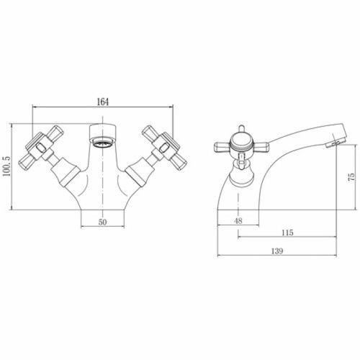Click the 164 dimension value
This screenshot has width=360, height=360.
103,102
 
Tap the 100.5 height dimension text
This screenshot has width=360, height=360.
6,166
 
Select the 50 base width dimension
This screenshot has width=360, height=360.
102,222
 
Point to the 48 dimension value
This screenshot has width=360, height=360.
238,221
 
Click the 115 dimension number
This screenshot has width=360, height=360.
287,233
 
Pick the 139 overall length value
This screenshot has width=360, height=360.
277,251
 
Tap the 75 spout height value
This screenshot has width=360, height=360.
351,177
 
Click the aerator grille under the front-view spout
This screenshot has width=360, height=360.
103,144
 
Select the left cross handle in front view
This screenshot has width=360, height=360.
41,147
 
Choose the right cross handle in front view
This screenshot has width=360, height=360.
165,148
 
